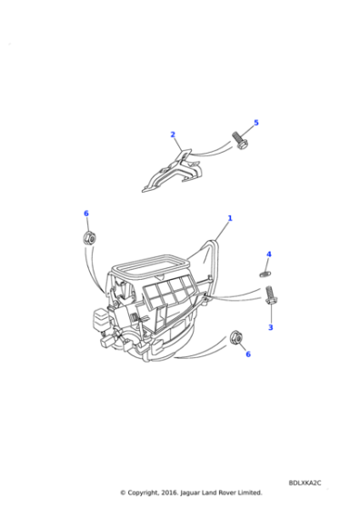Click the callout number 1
pos(230,218)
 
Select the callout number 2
pos(173,135)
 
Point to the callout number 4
pos(269,254)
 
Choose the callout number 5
pos(255,123)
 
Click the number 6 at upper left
pos(86,214)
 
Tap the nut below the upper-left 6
pos(89,238)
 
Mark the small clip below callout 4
pos(265,270)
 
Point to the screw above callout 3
pos(271,294)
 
